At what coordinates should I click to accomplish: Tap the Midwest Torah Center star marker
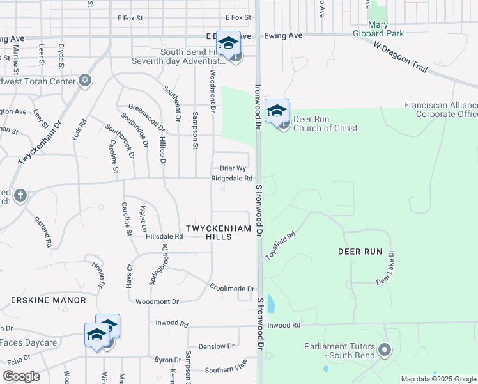click(x=84, y=80)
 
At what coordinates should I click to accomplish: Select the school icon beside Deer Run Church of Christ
click(x=277, y=111)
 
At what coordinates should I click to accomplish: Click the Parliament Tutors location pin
click(x=384, y=350)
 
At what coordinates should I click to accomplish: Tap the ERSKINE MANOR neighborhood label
click(x=48, y=300)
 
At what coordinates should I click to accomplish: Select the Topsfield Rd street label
click(x=281, y=244)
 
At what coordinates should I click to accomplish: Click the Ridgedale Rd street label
click(x=232, y=179)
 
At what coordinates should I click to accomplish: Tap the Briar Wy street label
click(x=233, y=168)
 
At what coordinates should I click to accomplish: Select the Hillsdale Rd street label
click(x=164, y=236)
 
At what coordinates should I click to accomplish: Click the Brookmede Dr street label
click(x=232, y=289)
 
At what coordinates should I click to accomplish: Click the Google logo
click(x=21, y=376)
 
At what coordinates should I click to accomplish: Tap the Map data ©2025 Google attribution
click(x=438, y=379)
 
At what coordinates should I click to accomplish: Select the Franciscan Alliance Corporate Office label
click(x=441, y=109)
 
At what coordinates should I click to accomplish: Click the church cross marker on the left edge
click(x=20, y=195)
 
